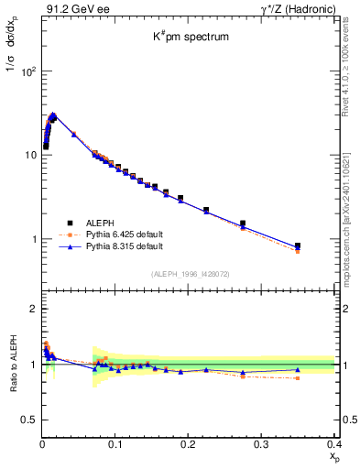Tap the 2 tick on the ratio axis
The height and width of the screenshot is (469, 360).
pyautogui.click(x=32, y=309)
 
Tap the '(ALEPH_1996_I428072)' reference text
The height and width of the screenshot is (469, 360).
pyautogui.click(x=190, y=274)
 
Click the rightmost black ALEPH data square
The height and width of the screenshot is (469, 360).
pyautogui.click(x=322, y=245)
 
